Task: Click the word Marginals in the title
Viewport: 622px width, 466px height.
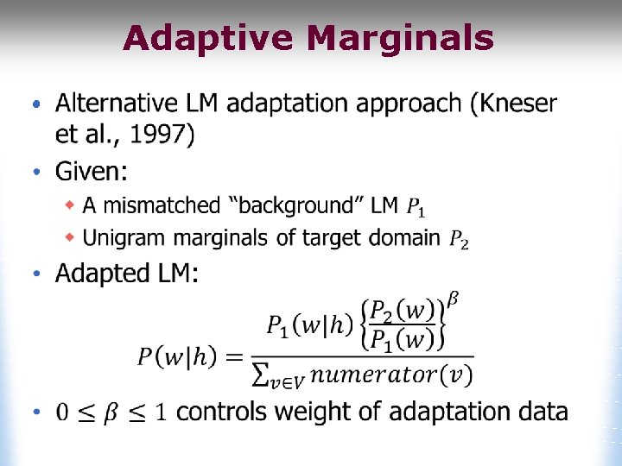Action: tap(401, 39)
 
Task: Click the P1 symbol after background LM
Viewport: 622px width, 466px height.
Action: tap(416, 207)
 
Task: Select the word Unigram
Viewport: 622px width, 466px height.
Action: tap(122, 237)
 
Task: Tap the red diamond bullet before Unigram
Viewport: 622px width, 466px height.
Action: tap(72, 237)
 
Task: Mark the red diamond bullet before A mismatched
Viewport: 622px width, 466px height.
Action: tap(72, 205)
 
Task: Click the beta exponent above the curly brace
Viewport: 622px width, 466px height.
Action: tap(454, 299)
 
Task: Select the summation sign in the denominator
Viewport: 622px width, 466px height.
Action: tap(258, 375)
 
